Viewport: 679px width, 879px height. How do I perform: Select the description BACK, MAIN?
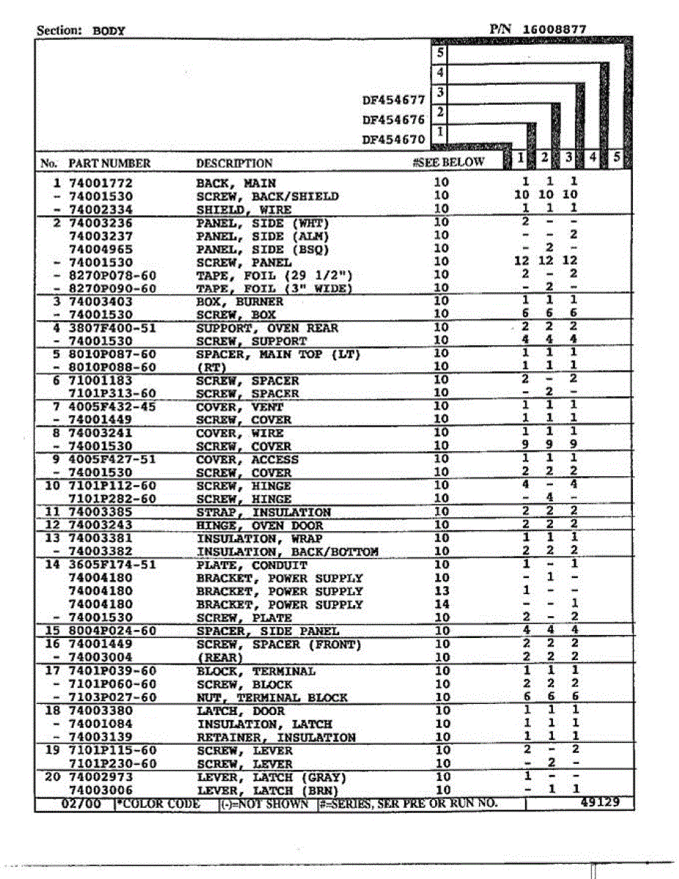click(x=236, y=182)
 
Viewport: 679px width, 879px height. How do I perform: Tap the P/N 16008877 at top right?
click(x=538, y=29)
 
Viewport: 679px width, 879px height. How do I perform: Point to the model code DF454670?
click(x=393, y=139)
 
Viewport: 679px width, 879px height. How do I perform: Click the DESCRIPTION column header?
click(x=234, y=163)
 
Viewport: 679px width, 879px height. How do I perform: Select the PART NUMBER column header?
click(x=109, y=163)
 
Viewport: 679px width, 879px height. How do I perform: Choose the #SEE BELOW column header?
click(x=448, y=163)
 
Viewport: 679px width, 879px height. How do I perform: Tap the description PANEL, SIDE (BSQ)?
click(x=262, y=249)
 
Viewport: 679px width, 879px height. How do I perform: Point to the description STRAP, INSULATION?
click(x=264, y=513)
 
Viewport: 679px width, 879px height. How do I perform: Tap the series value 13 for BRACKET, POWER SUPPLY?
click(x=442, y=591)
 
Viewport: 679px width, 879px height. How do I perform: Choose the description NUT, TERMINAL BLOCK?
click(x=272, y=698)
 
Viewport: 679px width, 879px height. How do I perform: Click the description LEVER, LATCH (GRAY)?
click(x=271, y=777)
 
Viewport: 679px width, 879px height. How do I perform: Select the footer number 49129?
click(x=599, y=803)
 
